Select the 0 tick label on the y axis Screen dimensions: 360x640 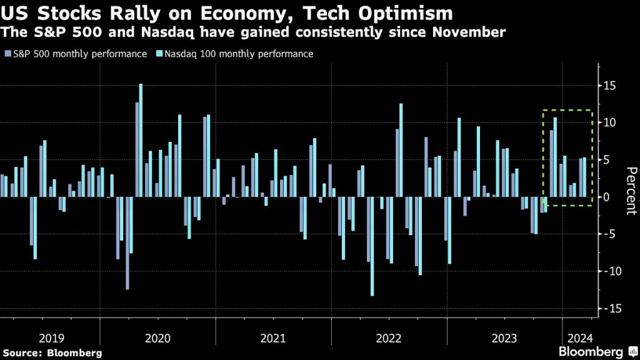click(618, 197)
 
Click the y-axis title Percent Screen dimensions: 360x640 click(631, 191)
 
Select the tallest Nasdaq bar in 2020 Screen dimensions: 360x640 click(141, 140)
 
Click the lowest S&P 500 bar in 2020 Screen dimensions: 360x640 click(127, 243)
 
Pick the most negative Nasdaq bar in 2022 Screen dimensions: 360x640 click(372, 246)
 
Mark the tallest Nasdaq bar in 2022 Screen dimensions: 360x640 click(401, 150)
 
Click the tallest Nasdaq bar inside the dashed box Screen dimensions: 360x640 click(554, 157)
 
